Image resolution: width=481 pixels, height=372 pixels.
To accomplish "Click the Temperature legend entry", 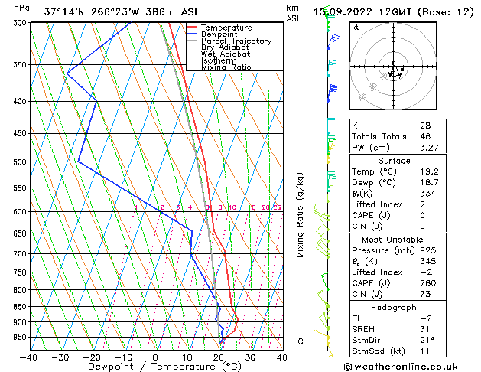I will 226,28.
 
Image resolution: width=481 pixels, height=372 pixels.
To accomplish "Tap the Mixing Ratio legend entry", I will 226,67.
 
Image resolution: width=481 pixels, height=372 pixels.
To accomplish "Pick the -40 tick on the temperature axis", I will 28,357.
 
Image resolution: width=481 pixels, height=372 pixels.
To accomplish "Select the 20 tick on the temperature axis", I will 219,357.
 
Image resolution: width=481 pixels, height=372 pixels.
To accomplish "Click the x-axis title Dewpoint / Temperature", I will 155,367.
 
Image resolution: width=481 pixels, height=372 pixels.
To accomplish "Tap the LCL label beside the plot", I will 300,341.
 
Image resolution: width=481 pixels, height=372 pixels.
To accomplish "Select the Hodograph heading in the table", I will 395,307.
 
